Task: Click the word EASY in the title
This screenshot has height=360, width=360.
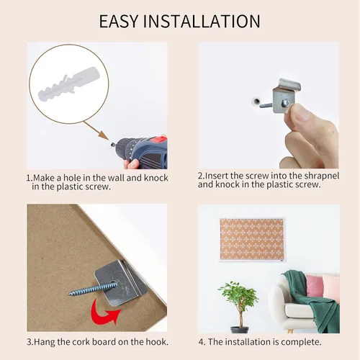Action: click(x=119, y=22)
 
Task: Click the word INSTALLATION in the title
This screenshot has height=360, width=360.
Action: click(x=202, y=22)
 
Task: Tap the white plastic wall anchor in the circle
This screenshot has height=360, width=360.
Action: click(x=69, y=84)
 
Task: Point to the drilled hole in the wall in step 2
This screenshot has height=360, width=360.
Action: click(x=256, y=101)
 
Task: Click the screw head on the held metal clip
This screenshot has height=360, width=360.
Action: click(x=285, y=103)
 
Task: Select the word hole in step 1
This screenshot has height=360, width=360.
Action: click(x=72, y=178)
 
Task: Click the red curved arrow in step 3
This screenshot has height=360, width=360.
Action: click(x=104, y=311)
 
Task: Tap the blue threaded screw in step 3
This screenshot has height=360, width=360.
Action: click(x=93, y=289)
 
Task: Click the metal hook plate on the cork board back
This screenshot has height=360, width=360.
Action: click(x=121, y=283)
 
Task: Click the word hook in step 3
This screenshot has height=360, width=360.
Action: click(x=155, y=342)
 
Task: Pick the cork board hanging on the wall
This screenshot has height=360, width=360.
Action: click(x=252, y=240)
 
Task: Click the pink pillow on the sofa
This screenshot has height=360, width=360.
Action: click(x=315, y=286)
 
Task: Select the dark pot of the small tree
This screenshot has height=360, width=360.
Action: click(x=240, y=330)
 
